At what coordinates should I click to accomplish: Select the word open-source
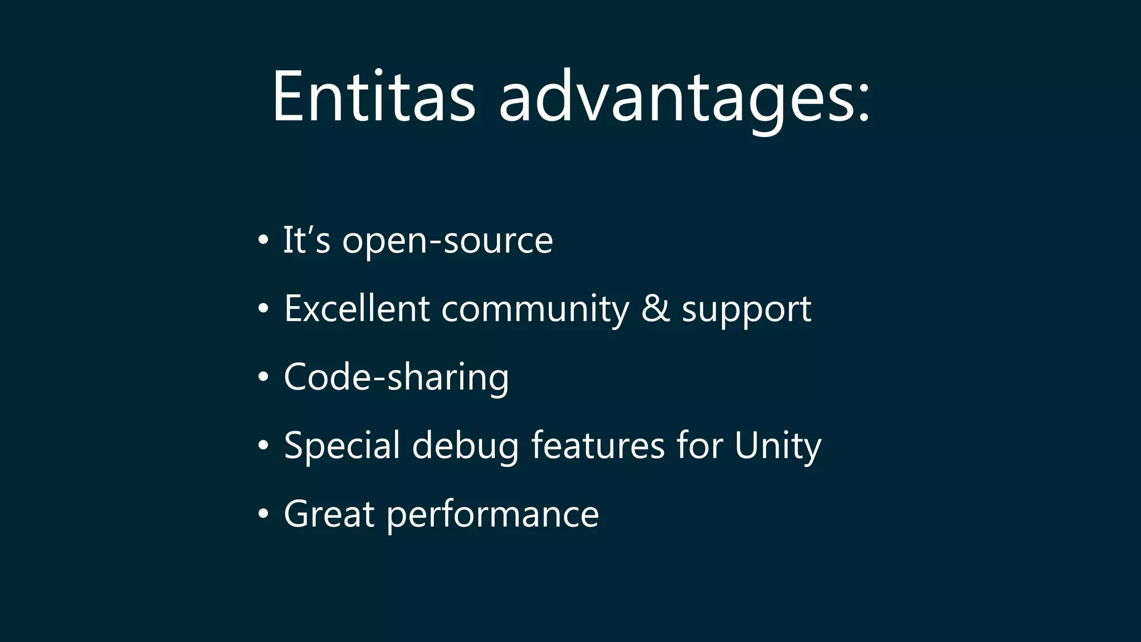(x=447, y=241)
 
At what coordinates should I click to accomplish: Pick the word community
(x=535, y=310)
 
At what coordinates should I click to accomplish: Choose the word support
(x=747, y=311)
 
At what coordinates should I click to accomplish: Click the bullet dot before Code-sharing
(x=264, y=377)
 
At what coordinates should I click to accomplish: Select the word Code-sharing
(x=396, y=377)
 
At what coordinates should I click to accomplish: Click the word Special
(x=342, y=446)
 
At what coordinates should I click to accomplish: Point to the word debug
(x=465, y=446)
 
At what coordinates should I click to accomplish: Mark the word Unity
(x=778, y=446)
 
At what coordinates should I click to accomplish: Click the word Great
(x=329, y=514)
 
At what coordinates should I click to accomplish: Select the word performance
(x=493, y=515)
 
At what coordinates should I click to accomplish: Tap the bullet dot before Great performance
(x=264, y=514)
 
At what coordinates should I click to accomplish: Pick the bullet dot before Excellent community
(x=264, y=309)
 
